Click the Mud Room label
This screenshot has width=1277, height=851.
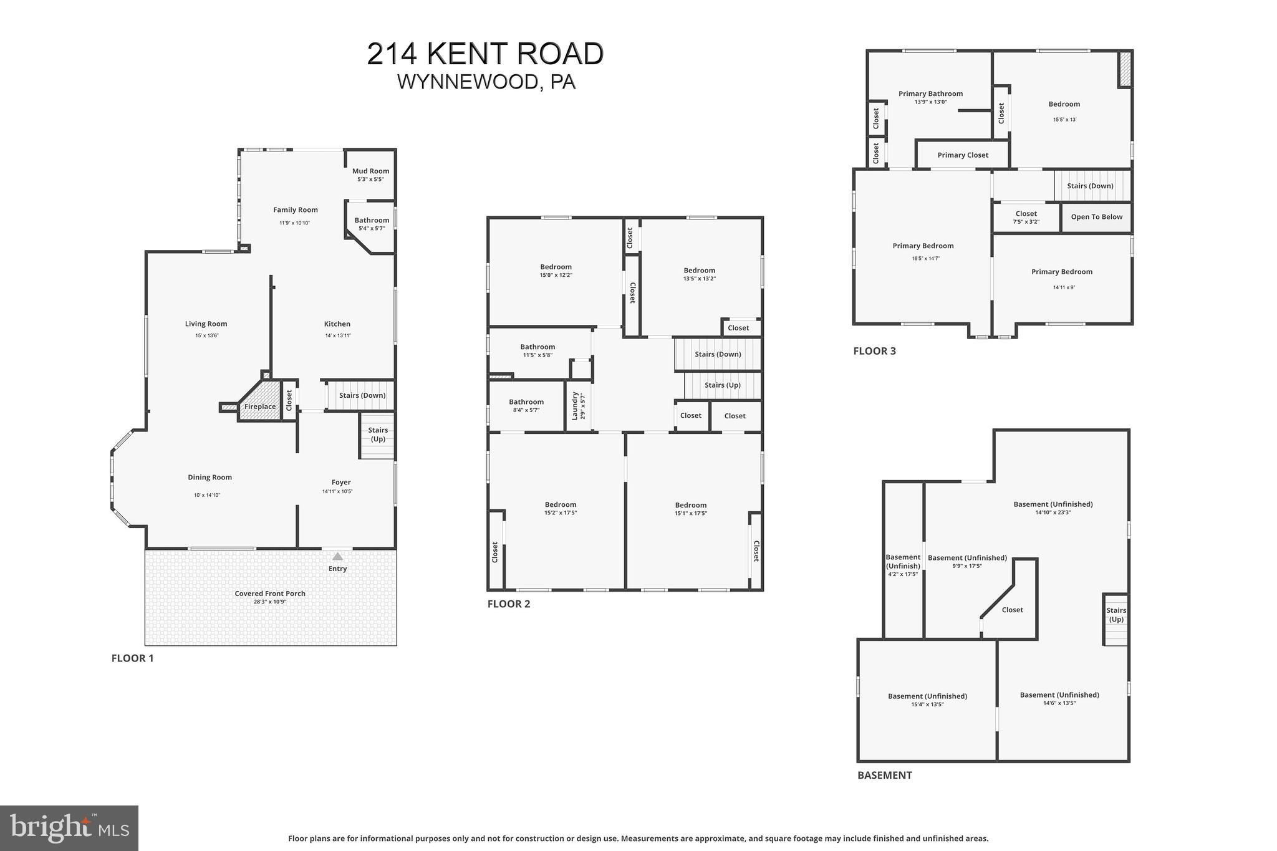click(370, 171)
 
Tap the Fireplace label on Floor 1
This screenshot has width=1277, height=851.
click(259, 406)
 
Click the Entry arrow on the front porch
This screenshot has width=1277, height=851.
click(337, 556)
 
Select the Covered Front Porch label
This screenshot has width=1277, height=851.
click(270, 594)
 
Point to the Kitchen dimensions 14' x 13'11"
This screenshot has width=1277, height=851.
click(337, 335)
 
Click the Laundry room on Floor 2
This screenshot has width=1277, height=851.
click(578, 405)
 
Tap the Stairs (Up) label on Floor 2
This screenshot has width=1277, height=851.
click(722, 385)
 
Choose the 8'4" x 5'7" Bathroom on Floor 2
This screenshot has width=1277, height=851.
click(526, 406)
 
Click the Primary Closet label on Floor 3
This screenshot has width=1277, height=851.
click(963, 155)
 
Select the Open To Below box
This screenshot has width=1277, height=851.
click(1096, 217)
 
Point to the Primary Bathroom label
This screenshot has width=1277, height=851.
click(930, 94)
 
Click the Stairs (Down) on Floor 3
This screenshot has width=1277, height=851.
click(1090, 186)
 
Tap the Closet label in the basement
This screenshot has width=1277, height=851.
click(1012, 610)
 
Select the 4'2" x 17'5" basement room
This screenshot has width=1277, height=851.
click(902, 565)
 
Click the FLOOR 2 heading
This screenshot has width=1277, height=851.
click(509, 603)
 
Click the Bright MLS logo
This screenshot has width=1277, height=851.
click(69, 828)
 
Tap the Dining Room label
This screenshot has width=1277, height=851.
click(210, 478)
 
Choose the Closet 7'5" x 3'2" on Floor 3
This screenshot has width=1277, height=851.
click(1026, 217)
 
